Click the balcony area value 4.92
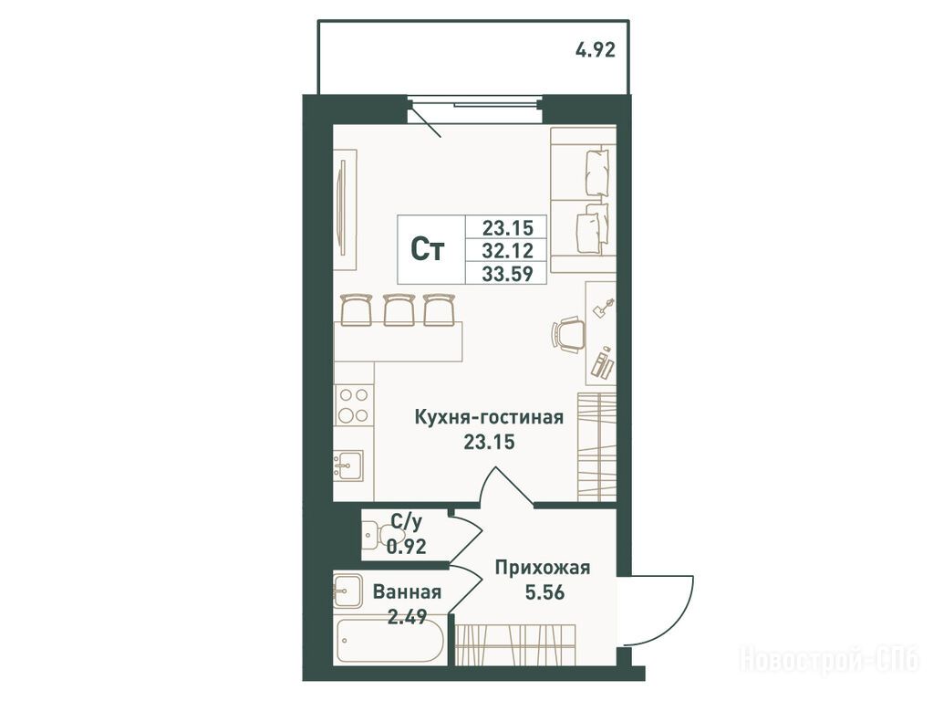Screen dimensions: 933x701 [595, 50]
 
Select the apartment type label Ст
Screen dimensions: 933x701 [428, 250]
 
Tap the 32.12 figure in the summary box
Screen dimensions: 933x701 [508, 250]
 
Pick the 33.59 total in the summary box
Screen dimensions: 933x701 [508, 274]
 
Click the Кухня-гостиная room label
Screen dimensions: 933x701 [489, 417]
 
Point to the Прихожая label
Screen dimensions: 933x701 [543, 568]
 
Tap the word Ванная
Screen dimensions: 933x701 [407, 592]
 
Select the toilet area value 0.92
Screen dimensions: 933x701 [407, 546]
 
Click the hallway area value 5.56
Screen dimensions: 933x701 [544, 592]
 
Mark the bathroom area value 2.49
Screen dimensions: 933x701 [407, 616]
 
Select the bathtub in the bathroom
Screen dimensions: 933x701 [389, 641]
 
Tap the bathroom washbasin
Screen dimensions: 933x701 [348, 591]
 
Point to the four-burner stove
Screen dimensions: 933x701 [354, 405]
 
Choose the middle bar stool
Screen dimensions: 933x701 [399, 309]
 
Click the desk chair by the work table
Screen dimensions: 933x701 [568, 334]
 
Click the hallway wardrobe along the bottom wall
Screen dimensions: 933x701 [516, 644]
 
